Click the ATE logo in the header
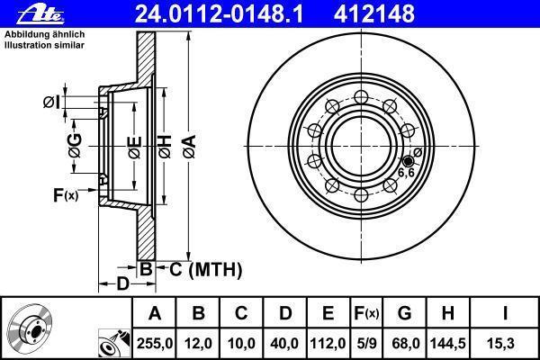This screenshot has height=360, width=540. (40, 15)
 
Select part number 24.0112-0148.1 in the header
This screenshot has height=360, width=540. (219, 13)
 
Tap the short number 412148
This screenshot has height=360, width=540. (374, 13)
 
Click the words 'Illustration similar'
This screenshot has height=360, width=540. (44, 45)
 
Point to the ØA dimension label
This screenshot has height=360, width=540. (190, 147)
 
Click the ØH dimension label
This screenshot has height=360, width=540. (165, 147)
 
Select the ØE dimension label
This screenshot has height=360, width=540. (135, 147)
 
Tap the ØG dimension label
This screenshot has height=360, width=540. (75, 146)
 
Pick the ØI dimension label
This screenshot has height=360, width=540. (51, 103)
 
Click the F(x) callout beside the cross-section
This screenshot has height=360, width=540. (66, 195)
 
